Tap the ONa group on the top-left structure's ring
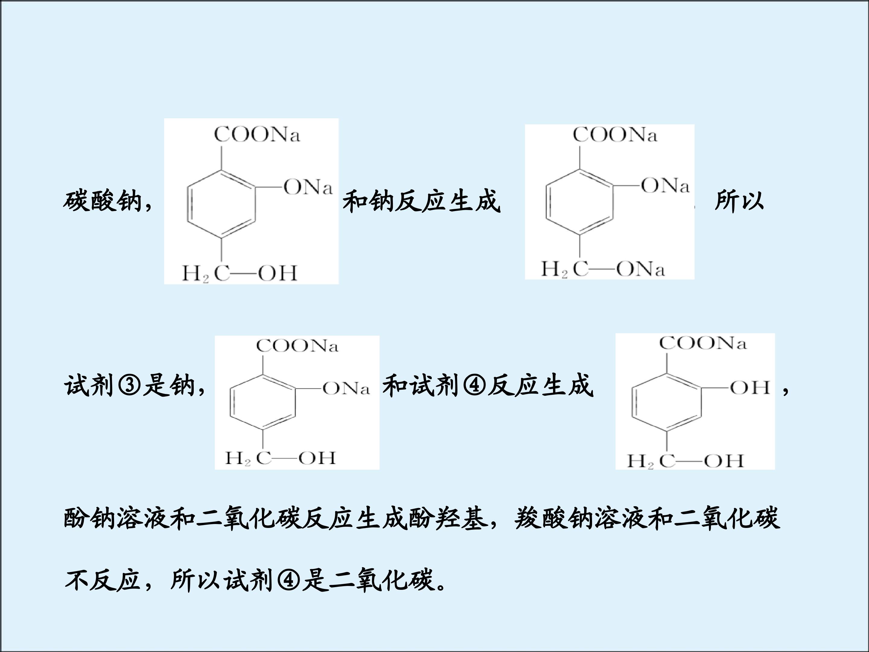pyautogui.click(x=308, y=187)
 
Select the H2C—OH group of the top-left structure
pyautogui.click(x=240, y=273)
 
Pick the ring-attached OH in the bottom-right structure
pyautogui.click(x=750, y=388)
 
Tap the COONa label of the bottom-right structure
pyautogui.click(x=702, y=343)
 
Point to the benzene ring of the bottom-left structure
pyautogui.click(x=263, y=402)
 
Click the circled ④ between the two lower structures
pyautogui.click(x=475, y=385)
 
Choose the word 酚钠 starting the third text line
pyautogui.click(x=90, y=518)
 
